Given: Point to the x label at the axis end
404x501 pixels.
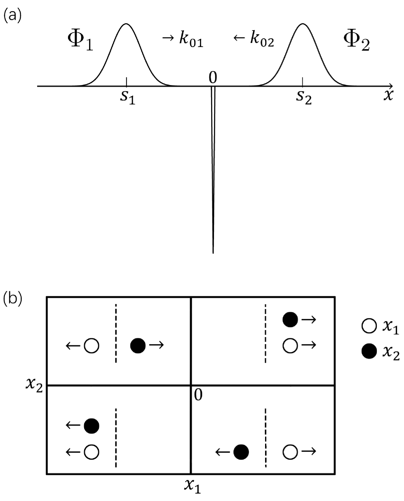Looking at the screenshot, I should (x=388, y=95).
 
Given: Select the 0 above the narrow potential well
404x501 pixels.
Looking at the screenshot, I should (x=213, y=77).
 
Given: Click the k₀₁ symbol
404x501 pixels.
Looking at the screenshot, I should (x=191, y=40).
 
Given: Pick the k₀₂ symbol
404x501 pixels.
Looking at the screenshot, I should (x=261, y=40).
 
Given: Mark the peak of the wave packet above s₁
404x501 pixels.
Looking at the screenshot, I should (x=126, y=24).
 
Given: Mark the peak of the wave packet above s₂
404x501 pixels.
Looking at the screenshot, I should (x=303, y=24).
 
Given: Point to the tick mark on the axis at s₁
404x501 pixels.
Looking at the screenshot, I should (x=127, y=82).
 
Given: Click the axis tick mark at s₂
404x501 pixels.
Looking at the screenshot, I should (x=303, y=82).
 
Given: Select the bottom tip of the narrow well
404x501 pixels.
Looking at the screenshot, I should (x=213, y=252).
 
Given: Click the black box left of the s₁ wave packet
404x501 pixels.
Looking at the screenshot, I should (x=81, y=39).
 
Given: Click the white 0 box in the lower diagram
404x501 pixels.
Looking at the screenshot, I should (x=198, y=395).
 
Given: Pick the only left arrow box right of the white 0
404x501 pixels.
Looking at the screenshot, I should (x=223, y=451).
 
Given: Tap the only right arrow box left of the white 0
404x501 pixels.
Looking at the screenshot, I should (x=156, y=345).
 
